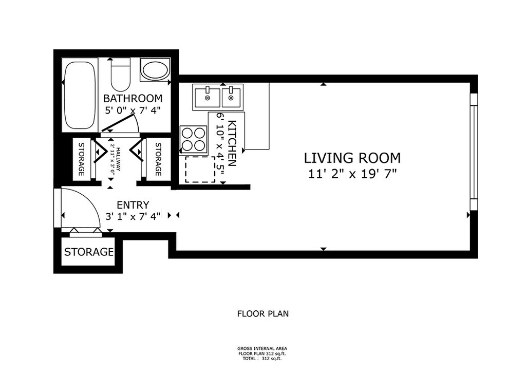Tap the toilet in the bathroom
(120, 75)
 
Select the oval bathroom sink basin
(155, 69)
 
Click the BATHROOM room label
(133, 99)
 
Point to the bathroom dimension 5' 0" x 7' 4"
(133, 110)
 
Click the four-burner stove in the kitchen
(193, 139)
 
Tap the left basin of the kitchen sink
(207, 97)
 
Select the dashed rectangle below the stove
(200, 170)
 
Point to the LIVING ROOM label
(352, 158)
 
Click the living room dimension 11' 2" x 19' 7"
(352, 174)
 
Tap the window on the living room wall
(473, 152)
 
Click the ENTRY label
(133, 204)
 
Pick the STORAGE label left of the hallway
(81, 159)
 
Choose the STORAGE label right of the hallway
(158, 159)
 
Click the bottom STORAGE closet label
(89, 252)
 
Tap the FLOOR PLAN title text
(263, 314)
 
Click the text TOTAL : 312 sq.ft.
(262, 359)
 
